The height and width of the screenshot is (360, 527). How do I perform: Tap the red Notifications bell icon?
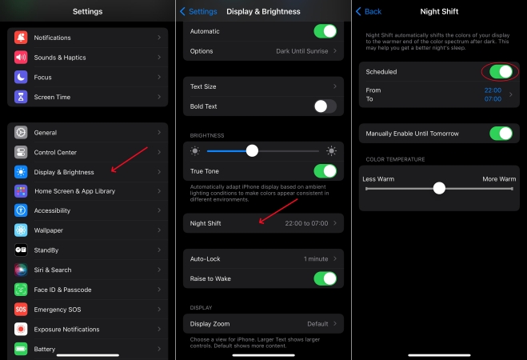click(21, 38)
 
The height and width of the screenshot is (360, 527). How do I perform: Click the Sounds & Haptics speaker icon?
click(21, 57)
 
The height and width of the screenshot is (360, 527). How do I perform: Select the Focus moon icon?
click(21, 77)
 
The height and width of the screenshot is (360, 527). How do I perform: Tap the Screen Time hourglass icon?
click(21, 97)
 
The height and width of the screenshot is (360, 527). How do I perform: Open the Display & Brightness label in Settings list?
click(64, 172)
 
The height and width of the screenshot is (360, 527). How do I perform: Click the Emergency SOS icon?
click(21, 310)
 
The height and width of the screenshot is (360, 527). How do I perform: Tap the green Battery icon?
click(21, 349)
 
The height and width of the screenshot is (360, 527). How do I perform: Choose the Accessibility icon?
click(21, 210)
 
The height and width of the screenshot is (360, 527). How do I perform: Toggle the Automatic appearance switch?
click(325, 31)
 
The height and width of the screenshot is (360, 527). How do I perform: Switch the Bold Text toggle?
click(325, 106)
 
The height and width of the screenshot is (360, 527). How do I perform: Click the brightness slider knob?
click(252, 150)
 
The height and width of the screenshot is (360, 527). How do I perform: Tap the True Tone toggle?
click(325, 171)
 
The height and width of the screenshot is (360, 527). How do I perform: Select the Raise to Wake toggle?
click(325, 278)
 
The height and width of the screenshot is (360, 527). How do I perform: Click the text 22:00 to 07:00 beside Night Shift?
click(306, 223)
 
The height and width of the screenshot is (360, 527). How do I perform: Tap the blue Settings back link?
click(198, 11)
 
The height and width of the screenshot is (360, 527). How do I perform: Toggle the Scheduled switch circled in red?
click(501, 71)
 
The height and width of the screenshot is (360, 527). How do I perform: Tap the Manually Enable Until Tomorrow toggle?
click(501, 134)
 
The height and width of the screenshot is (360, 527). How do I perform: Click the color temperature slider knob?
click(439, 188)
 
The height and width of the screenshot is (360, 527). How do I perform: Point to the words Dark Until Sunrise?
click(302, 51)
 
